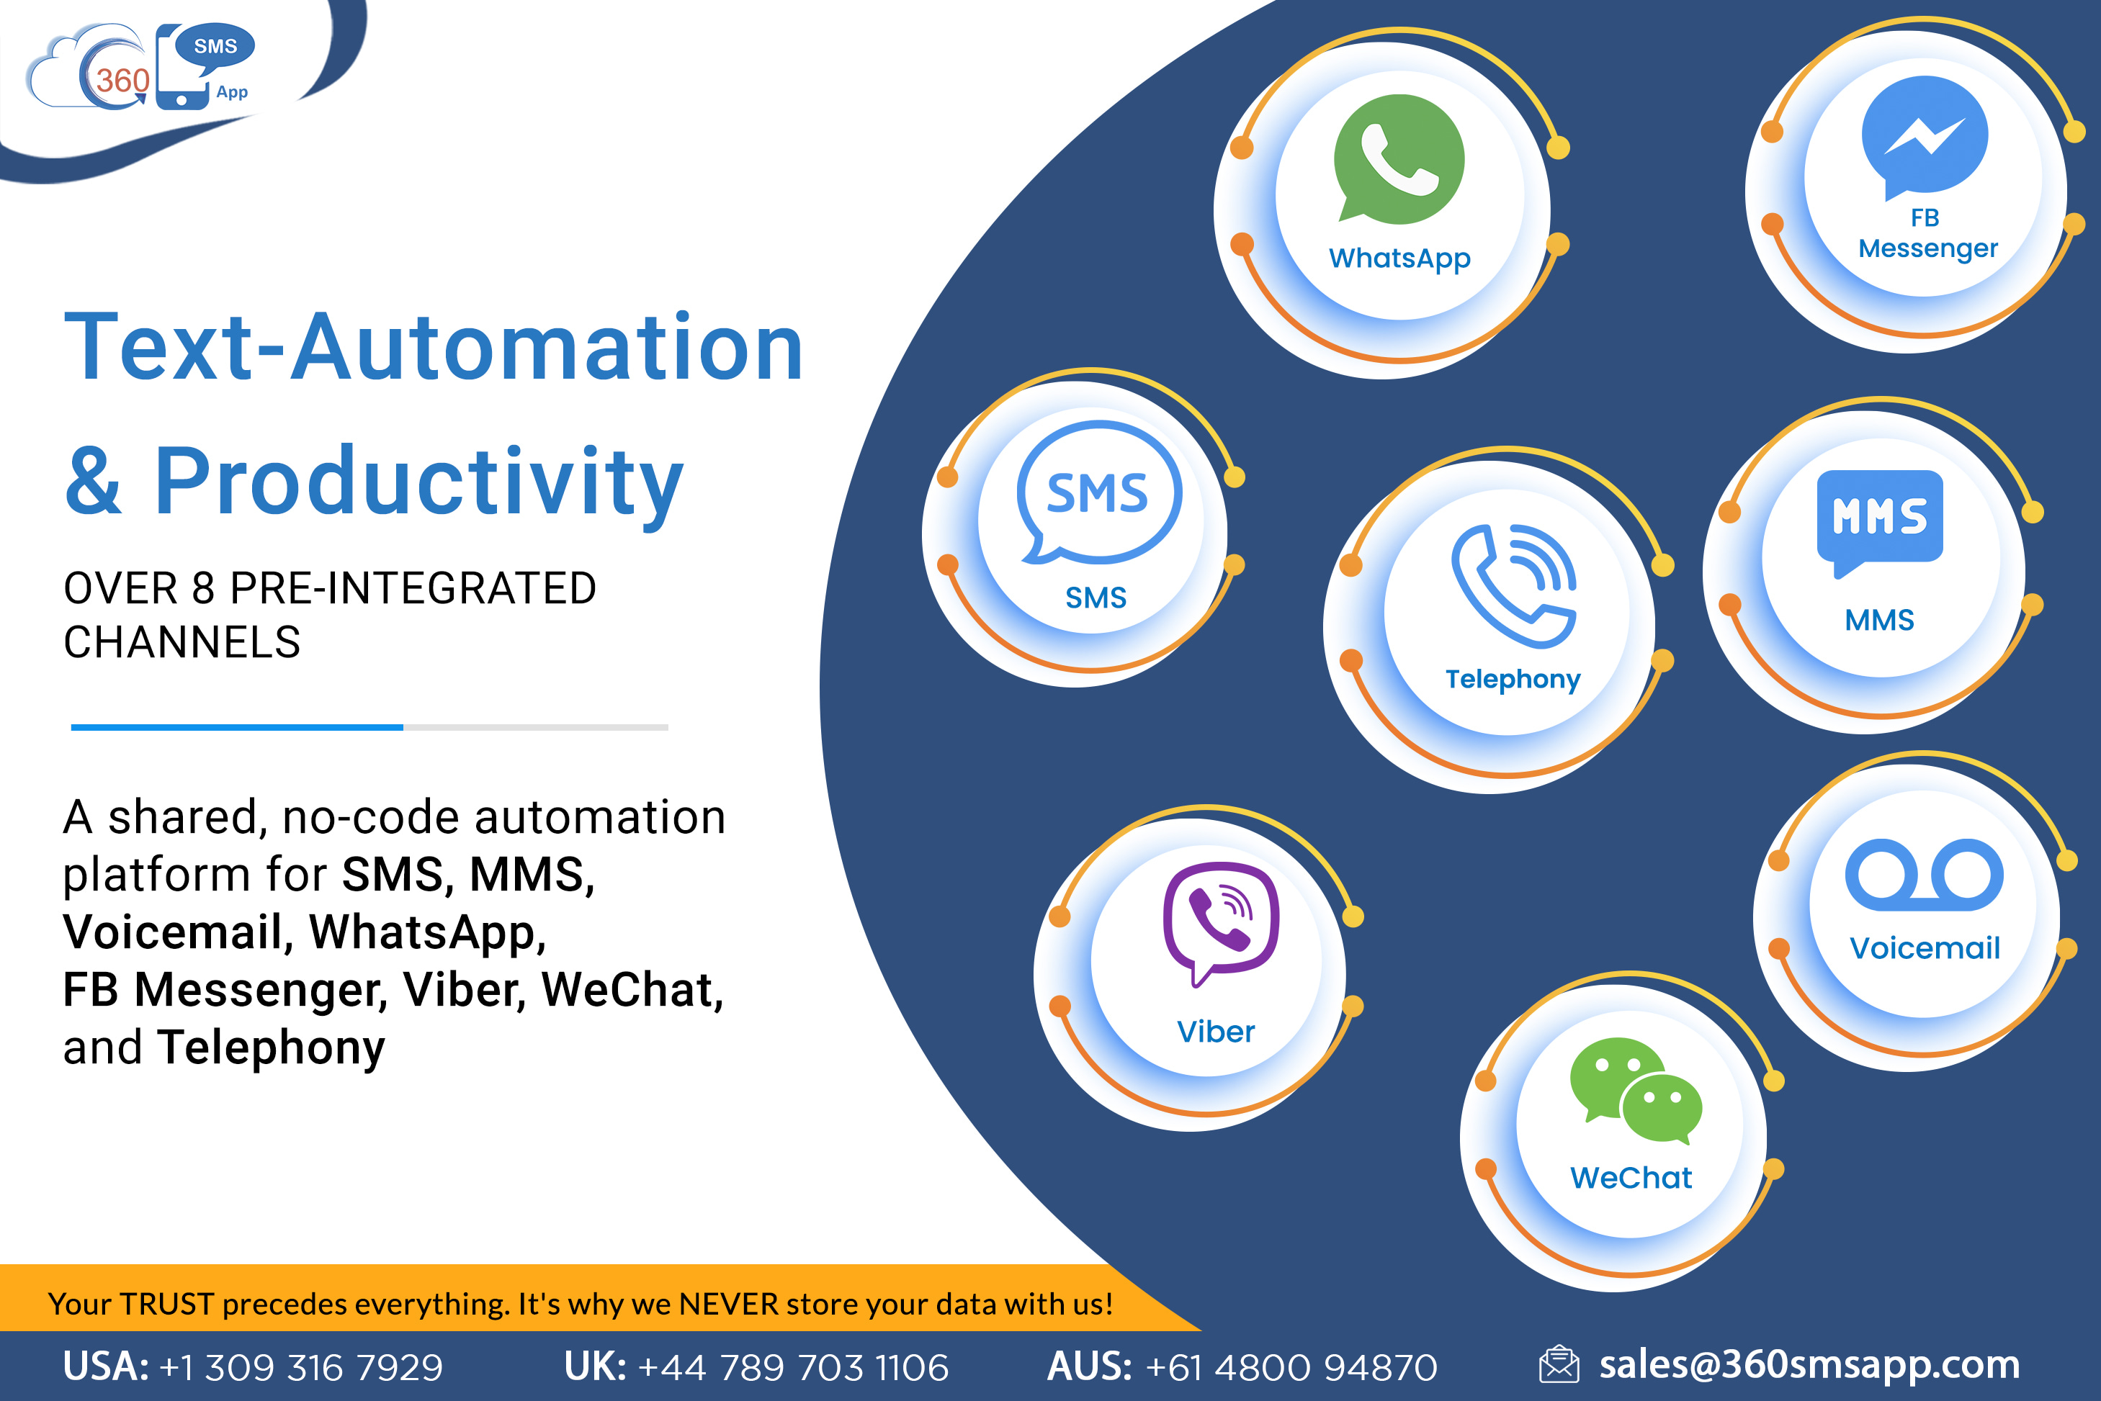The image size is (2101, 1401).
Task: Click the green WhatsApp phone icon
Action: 1399,158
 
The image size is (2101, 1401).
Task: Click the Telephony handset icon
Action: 1514,585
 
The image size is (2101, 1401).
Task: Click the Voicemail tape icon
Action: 1924,875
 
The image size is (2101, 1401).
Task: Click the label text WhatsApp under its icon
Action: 1399,259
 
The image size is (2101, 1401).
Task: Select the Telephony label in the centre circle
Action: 1513,680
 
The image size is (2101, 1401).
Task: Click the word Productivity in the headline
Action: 419,483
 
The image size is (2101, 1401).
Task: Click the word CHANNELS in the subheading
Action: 182,641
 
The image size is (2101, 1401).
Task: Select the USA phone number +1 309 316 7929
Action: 301,1367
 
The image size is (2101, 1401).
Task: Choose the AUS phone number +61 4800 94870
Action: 1291,1367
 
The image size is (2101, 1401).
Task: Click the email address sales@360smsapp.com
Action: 1810,1365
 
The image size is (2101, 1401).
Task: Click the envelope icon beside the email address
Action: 1559,1364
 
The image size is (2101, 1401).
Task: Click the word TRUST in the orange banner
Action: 167,1305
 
